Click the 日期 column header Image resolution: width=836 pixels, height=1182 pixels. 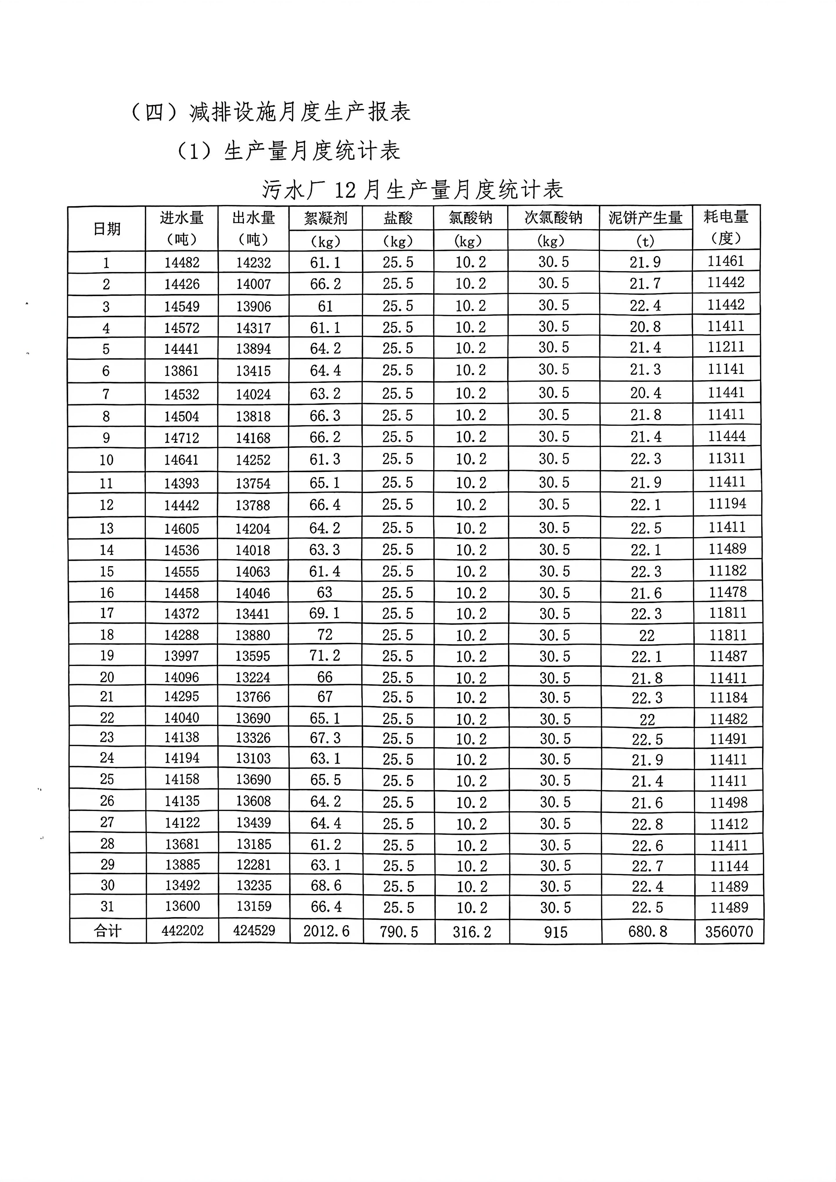pyautogui.click(x=107, y=229)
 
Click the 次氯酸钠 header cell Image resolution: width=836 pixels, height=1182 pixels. pyautogui.click(x=553, y=218)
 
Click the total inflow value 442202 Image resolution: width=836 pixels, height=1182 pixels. pyautogui.click(x=182, y=931)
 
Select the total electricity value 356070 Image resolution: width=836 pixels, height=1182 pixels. pyautogui.click(x=729, y=931)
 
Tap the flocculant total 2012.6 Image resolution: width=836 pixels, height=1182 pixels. pyautogui.click(x=326, y=931)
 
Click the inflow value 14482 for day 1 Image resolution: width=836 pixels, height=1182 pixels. pyautogui.click(x=182, y=263)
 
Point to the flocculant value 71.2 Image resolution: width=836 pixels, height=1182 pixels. pyautogui.click(x=325, y=655)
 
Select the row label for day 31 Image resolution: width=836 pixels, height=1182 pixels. pyautogui.click(x=107, y=906)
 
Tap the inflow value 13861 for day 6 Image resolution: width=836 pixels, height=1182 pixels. pyautogui.click(x=181, y=371)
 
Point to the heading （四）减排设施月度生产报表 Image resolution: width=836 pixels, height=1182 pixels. pyautogui.click(x=271, y=112)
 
